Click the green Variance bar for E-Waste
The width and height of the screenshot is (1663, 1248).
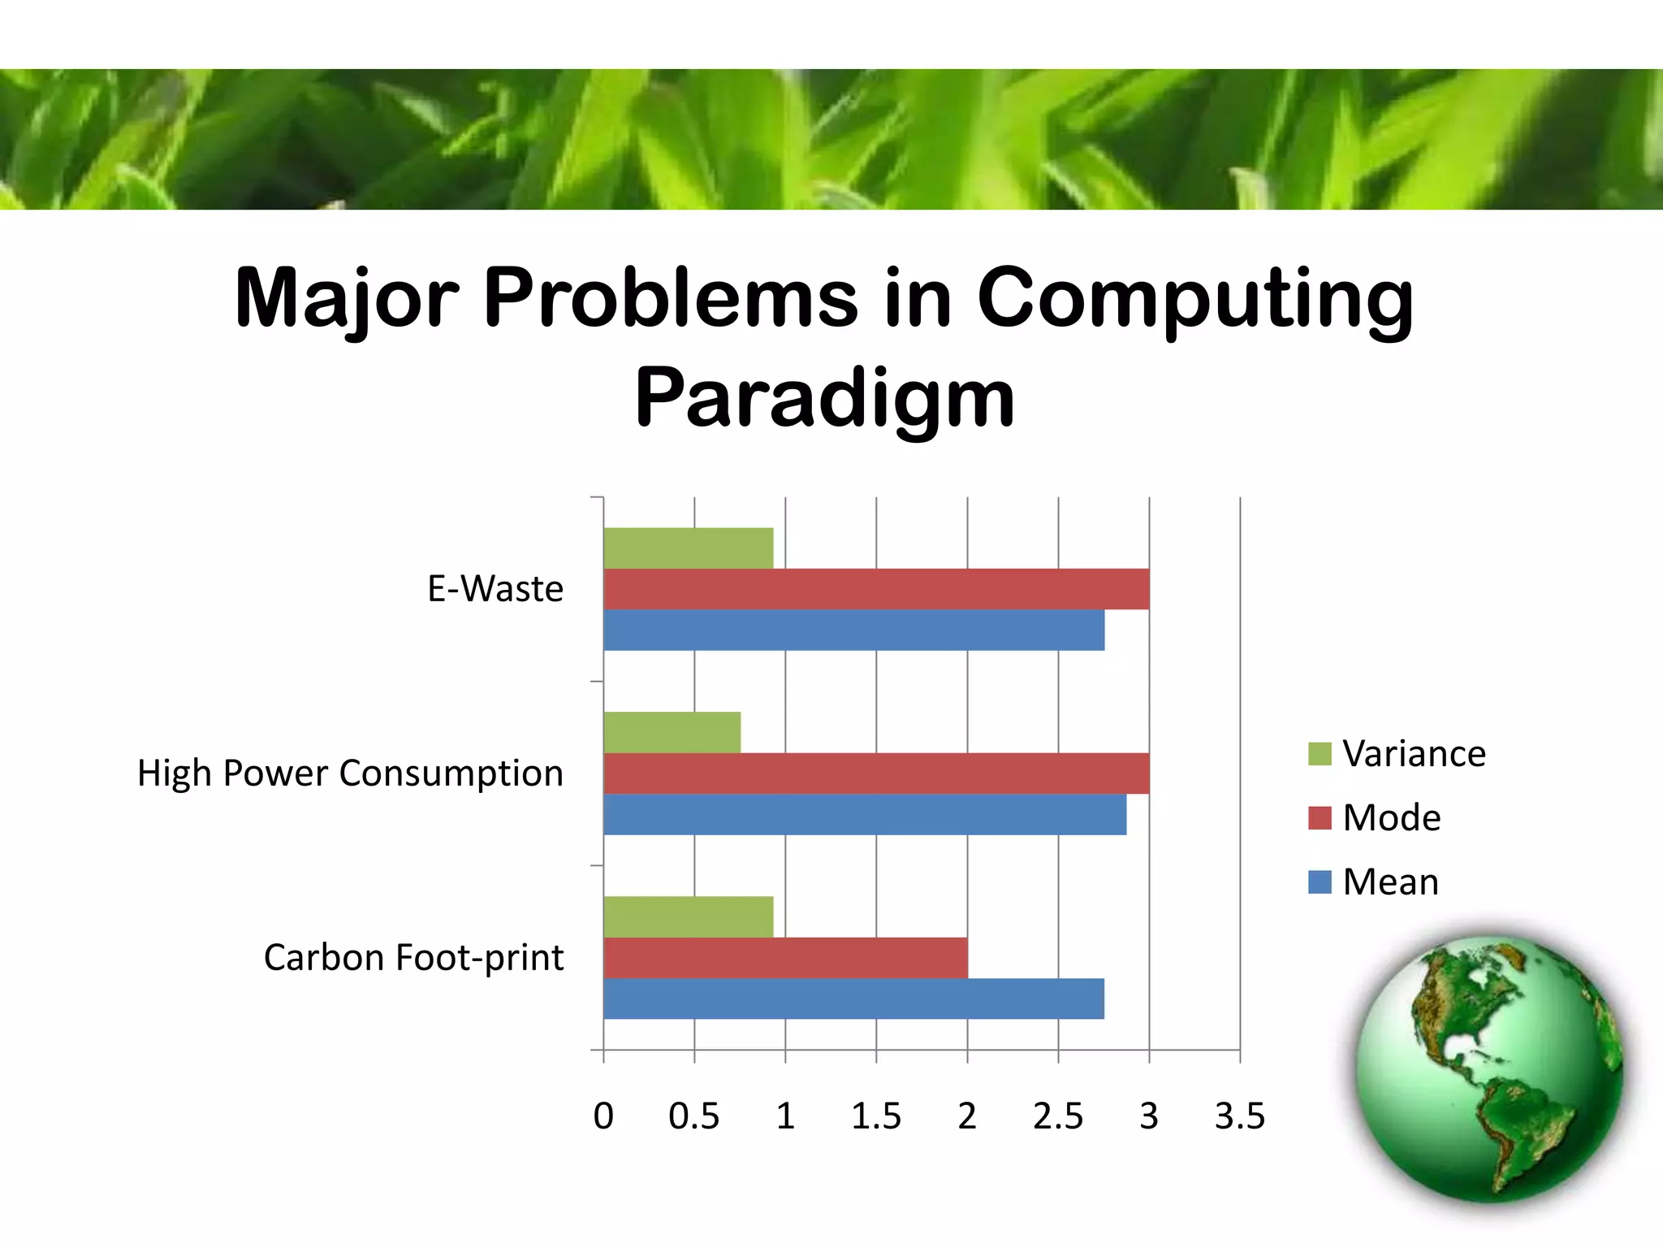[x=688, y=548]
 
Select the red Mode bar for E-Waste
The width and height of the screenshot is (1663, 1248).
[x=875, y=589]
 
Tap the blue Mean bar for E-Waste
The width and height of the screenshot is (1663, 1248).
[x=853, y=630]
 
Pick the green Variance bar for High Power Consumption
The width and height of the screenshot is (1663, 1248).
[x=672, y=732]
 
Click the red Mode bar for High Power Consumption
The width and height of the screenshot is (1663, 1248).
[x=875, y=773]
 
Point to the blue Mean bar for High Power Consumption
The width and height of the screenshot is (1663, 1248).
[x=864, y=815]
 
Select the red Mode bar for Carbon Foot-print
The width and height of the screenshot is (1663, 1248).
[x=784, y=958]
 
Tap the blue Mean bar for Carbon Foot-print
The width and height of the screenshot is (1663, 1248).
[x=853, y=999]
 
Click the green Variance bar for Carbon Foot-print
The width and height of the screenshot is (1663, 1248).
[x=688, y=916]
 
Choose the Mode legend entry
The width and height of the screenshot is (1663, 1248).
[x=1376, y=817]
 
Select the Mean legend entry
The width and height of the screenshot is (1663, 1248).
[x=1374, y=882]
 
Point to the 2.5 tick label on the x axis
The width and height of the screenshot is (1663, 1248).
[x=1057, y=1116]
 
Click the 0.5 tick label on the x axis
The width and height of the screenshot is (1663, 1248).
[x=693, y=1116]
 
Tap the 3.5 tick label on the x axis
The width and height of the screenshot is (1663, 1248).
[x=1239, y=1116]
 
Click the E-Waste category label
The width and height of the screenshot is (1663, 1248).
[x=495, y=589]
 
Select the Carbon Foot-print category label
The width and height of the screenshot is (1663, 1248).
[x=413, y=958]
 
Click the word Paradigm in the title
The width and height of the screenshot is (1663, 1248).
[x=824, y=398]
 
